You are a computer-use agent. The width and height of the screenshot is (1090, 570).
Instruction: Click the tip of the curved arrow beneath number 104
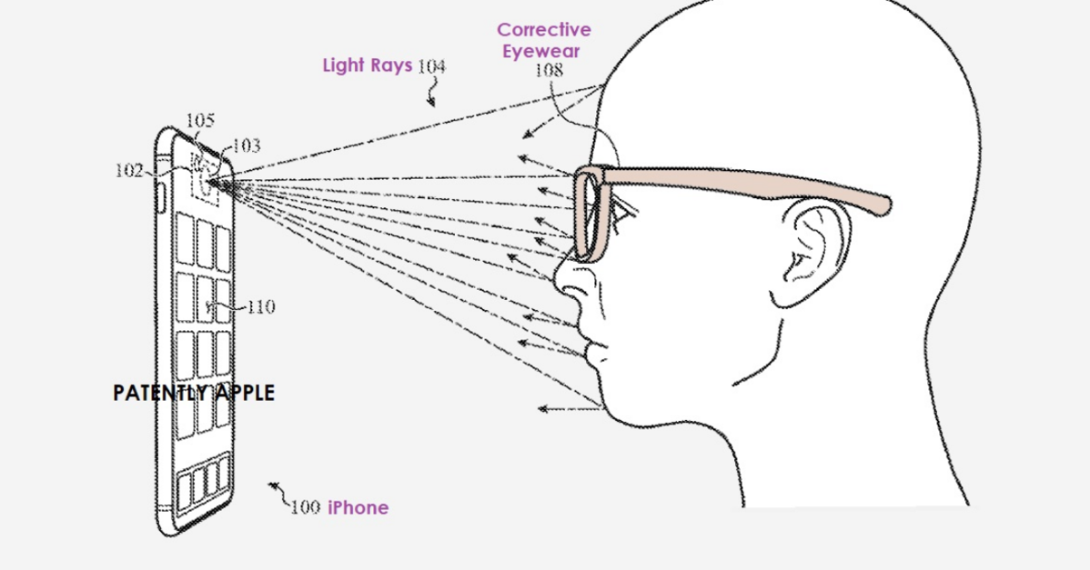point(432,105)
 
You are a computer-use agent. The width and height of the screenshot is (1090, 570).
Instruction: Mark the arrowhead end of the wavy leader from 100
point(271,485)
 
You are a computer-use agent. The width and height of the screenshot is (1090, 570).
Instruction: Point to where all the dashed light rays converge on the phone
point(208,182)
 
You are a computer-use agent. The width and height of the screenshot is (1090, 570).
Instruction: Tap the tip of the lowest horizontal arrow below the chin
point(540,409)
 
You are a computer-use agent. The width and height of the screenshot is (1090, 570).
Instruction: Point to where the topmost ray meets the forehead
point(603,85)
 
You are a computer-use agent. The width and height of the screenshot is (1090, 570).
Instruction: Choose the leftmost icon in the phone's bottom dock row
point(184,491)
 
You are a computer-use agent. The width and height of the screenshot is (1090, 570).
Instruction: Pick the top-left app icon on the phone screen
point(185,239)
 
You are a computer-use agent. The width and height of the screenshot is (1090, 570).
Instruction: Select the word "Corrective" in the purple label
point(544,30)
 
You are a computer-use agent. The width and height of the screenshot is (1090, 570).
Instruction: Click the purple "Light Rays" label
point(367,65)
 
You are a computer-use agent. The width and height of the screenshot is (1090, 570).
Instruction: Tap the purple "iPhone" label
point(358,507)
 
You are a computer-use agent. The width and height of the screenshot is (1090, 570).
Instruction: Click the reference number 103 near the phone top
point(246,145)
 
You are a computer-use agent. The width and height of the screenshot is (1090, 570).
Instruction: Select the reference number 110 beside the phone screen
point(261,306)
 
